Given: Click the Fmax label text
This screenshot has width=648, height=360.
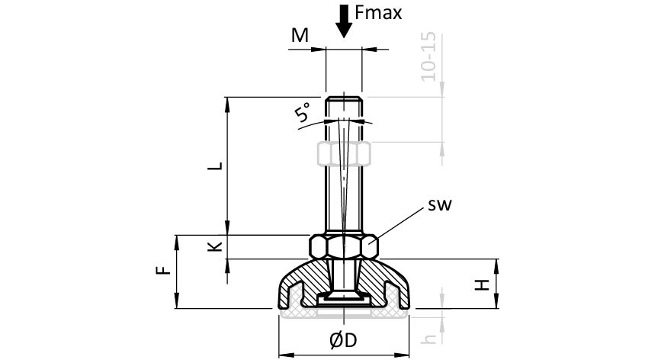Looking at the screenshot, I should [378, 13].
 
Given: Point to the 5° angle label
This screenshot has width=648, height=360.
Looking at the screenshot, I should [303, 114].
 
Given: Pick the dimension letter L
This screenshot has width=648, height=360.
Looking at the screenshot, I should [216, 166].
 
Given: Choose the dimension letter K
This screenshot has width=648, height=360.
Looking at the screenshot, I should [216, 246].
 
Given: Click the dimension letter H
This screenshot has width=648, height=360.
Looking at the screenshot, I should [481, 284].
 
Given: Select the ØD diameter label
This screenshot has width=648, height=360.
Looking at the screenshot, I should [344, 341].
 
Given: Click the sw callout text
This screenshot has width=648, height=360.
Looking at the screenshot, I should [439, 205].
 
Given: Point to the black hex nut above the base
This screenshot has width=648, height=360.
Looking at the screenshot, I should [344, 247].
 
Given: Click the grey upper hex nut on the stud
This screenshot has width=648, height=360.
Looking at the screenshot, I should [344, 154].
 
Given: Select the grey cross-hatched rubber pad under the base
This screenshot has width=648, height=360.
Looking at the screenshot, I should [344, 312].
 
